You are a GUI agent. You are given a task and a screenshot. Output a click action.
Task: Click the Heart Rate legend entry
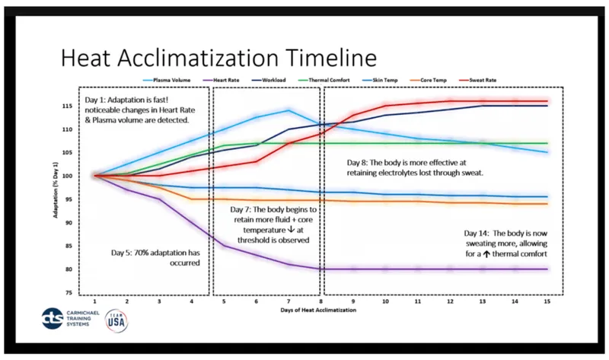pos(229,79)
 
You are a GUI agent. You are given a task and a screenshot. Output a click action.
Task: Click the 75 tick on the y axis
pos(69,293)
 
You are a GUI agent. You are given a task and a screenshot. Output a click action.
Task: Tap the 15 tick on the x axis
pos(546,302)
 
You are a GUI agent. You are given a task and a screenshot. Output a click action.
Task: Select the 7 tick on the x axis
pos(289,302)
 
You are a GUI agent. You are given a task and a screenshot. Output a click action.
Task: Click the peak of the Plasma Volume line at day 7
pos(289,110)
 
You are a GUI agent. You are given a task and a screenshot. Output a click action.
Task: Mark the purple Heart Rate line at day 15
pos(546,269)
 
